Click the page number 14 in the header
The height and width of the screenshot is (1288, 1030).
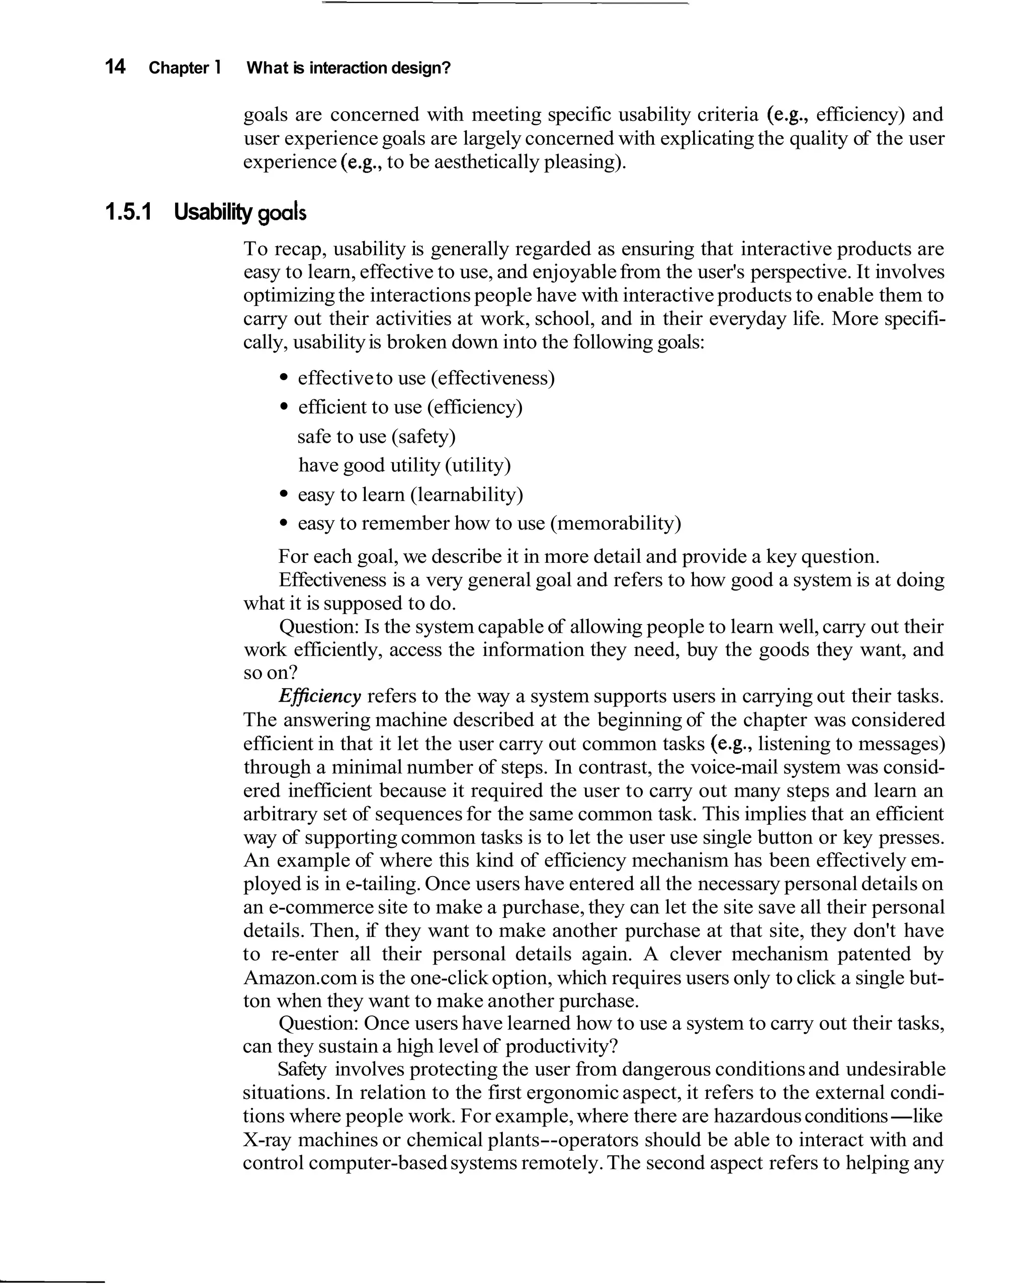pos(115,66)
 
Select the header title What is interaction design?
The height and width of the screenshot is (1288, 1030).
pos(349,68)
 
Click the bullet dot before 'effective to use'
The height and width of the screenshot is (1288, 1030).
pos(284,378)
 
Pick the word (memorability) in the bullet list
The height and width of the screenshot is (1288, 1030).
pos(616,524)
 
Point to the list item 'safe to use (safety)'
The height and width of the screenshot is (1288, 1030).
pos(376,437)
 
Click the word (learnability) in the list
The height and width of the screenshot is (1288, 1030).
pos(467,495)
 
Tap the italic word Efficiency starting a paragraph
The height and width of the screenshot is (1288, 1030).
pos(320,697)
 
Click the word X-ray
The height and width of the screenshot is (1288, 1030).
pos(267,1140)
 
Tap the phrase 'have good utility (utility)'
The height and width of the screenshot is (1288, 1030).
pos(404,465)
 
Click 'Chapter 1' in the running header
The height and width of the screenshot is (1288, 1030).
pos(185,68)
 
